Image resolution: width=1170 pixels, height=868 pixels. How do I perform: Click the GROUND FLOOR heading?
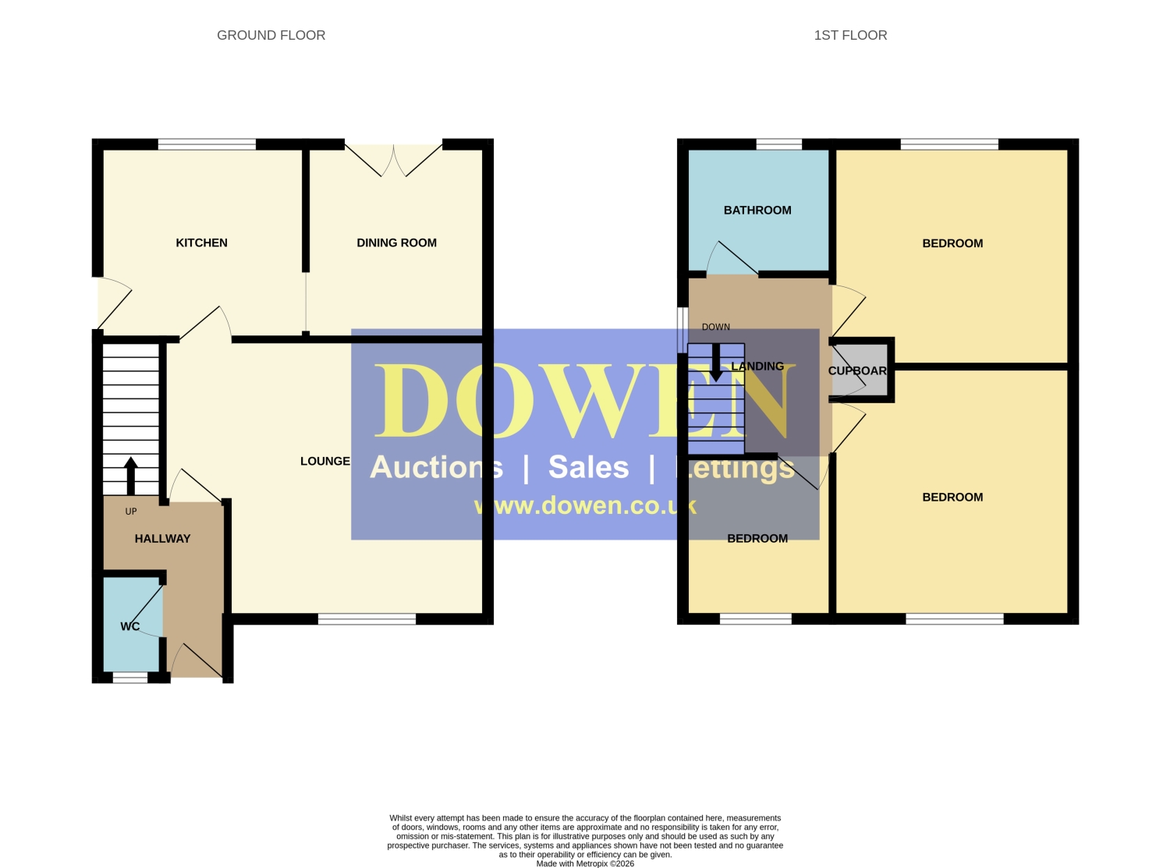click(271, 35)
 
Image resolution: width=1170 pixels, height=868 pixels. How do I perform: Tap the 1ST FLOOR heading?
click(850, 35)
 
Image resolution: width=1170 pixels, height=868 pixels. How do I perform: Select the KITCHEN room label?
click(201, 243)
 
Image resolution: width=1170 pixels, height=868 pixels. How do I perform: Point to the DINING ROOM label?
click(397, 243)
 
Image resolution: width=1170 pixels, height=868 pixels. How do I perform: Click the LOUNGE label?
click(325, 461)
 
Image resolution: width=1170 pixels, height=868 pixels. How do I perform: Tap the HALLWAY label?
click(162, 539)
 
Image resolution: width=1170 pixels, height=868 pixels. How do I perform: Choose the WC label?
click(129, 626)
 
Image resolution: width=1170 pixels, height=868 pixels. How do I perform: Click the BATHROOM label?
click(757, 210)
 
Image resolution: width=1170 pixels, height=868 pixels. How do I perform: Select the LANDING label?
click(757, 367)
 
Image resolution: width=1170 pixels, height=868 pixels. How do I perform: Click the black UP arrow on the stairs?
click(131, 476)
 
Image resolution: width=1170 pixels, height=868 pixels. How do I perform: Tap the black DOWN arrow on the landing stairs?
click(716, 363)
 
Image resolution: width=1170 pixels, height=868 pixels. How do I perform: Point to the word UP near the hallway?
click(131, 512)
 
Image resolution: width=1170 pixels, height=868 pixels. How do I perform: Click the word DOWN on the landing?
click(716, 327)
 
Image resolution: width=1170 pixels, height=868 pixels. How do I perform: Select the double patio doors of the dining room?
click(394, 160)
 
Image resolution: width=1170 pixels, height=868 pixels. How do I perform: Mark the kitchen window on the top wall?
click(207, 144)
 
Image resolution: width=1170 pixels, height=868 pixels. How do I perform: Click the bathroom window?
click(779, 144)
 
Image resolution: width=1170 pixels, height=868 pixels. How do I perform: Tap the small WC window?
click(130, 678)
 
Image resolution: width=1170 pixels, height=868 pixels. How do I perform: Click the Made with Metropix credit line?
click(585, 864)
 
